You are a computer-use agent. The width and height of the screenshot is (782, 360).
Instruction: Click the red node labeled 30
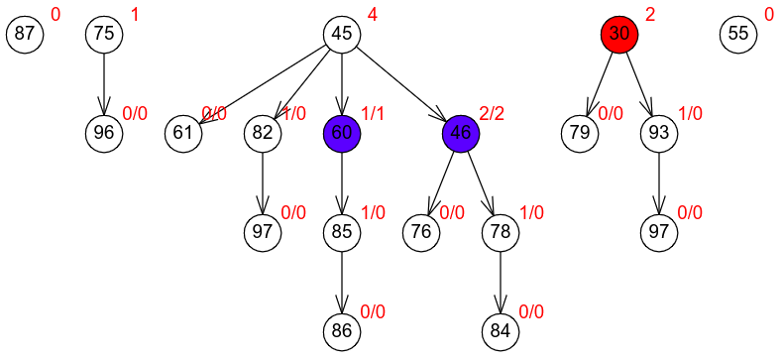[618, 34]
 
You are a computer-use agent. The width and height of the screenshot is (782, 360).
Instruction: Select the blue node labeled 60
[342, 133]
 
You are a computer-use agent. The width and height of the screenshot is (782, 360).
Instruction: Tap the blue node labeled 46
[461, 133]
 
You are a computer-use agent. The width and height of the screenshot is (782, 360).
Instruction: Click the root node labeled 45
[342, 34]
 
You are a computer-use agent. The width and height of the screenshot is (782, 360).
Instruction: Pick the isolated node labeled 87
[25, 34]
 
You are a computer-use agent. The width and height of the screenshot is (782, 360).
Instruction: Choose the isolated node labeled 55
[738, 34]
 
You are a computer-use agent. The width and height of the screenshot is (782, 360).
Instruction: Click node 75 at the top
[104, 34]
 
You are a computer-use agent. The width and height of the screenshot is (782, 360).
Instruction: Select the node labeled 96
[104, 133]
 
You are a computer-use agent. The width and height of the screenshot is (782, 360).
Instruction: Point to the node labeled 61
[183, 133]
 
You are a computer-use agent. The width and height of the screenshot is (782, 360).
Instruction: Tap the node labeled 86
[342, 331]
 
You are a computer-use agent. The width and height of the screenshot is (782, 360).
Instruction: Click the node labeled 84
[501, 331]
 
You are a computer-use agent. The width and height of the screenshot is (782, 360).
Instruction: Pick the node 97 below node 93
[659, 232]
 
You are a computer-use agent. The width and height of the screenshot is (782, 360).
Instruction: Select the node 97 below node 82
[263, 232]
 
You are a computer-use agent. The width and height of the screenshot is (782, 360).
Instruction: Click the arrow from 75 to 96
[104, 84]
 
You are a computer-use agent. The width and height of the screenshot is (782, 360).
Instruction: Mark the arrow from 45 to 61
[263, 83]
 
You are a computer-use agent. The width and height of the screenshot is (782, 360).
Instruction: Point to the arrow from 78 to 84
[501, 282]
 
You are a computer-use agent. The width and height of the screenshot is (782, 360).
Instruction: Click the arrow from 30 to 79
[600, 83]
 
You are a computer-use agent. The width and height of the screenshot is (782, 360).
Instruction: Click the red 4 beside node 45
[372, 15]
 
